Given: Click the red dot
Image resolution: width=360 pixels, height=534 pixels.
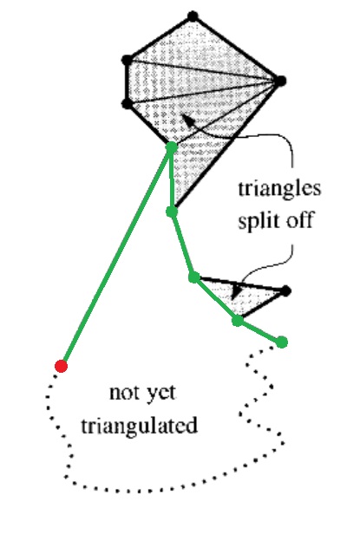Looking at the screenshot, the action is click(61, 366).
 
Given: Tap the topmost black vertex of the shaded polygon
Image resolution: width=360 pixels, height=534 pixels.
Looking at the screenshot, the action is click(193, 16).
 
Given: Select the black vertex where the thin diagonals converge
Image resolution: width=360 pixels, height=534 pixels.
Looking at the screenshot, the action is click(280, 81).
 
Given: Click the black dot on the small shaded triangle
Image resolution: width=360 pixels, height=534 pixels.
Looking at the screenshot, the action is click(285, 291).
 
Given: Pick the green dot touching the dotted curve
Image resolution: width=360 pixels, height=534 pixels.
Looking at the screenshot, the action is click(282, 342).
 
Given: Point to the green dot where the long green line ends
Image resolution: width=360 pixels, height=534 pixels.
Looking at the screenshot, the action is click(172, 147).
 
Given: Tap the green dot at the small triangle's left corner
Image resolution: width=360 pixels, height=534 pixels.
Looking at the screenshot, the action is click(194, 277).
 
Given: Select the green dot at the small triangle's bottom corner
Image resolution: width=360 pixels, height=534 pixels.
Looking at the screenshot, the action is click(238, 321).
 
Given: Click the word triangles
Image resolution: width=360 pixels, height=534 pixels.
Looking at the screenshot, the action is click(279, 189).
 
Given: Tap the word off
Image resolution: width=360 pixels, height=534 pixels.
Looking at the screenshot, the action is click(299, 220).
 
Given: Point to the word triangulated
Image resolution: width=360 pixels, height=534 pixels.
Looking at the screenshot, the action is click(140, 426).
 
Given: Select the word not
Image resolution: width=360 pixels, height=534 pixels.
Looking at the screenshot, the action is click(124, 393).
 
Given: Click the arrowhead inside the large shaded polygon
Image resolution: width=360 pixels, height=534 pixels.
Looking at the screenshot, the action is click(188, 120).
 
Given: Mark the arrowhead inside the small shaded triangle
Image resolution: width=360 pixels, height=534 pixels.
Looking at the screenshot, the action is click(236, 292).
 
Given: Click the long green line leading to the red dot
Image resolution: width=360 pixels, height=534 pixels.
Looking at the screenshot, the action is click(116, 257).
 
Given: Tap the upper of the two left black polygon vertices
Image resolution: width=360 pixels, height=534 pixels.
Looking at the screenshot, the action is click(127, 60).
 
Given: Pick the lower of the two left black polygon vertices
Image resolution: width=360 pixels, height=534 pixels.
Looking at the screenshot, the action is click(127, 103).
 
